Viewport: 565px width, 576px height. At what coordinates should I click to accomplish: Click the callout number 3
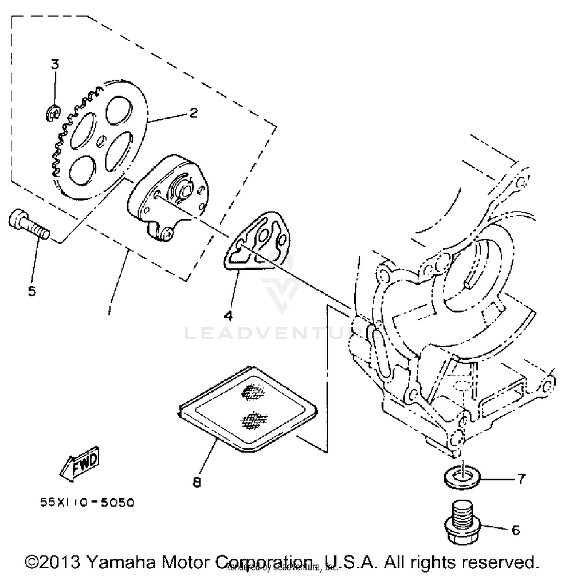55,64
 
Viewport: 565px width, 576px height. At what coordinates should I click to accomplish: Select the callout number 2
193,113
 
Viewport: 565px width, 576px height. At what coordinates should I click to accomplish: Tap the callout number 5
32,291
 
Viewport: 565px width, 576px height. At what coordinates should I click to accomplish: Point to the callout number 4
228,315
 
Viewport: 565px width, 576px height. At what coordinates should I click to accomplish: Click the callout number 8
197,482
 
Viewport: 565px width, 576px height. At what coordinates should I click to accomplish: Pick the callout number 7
521,479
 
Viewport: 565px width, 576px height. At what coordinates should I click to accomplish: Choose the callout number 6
516,530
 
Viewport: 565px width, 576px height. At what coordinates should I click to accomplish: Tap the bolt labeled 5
28,224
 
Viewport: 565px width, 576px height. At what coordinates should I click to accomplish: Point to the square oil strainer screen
249,410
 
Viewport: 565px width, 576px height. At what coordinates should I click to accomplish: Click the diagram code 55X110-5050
87,503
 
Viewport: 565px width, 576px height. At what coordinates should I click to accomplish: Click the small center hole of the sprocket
101,142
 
